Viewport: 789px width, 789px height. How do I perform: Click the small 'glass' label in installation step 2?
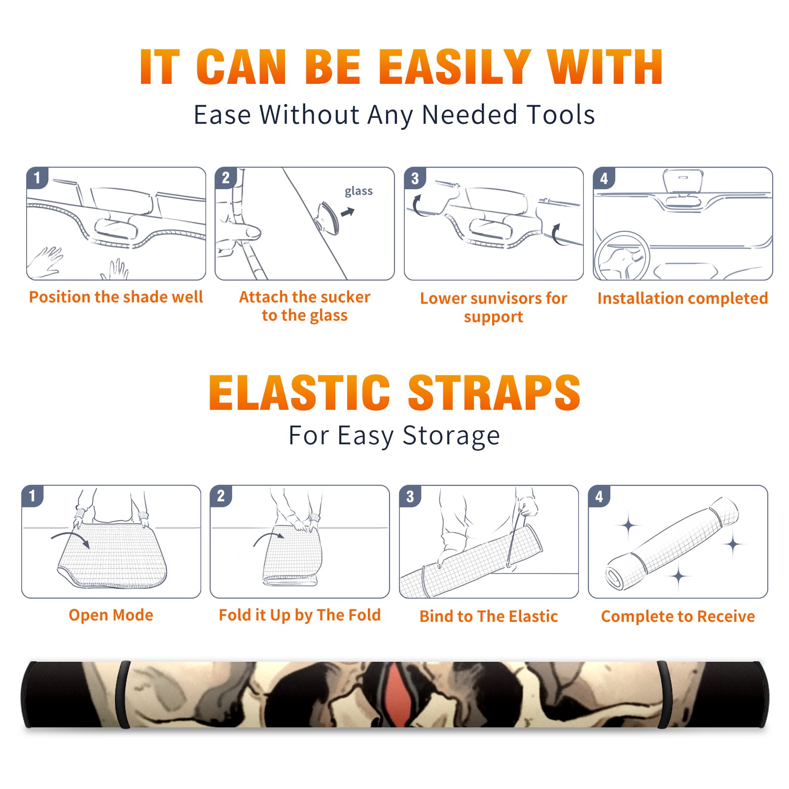(x=359, y=191)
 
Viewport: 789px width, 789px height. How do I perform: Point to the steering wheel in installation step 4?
(x=621, y=256)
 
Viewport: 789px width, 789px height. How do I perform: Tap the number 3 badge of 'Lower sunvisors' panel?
(x=415, y=179)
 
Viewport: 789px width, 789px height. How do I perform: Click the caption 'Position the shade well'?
(x=116, y=297)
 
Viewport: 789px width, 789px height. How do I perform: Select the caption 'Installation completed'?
(x=682, y=298)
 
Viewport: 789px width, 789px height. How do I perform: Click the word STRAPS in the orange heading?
(x=494, y=393)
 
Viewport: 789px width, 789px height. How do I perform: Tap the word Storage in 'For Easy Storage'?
(x=451, y=436)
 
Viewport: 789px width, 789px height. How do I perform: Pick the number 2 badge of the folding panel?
(x=221, y=496)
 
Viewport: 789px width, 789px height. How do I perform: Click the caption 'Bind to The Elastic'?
(x=489, y=616)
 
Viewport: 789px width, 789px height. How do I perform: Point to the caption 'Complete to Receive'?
(x=678, y=616)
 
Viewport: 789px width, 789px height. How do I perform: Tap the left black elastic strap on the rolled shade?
(x=122, y=694)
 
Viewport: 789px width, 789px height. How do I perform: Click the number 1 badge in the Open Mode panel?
(x=33, y=496)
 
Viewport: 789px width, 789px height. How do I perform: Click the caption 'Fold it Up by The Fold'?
(x=300, y=615)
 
